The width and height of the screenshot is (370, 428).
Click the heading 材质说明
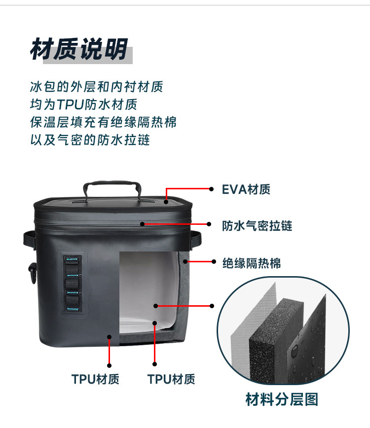(79, 49)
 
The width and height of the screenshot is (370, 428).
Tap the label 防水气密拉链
(257, 226)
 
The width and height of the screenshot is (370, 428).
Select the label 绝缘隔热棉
(251, 263)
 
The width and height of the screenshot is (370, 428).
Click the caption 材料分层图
(282, 399)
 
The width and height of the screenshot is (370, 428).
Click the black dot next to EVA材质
(211, 189)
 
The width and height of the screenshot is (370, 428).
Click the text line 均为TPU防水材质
(83, 105)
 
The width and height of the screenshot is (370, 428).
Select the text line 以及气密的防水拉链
(90, 140)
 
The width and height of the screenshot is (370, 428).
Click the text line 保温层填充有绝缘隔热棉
(103, 122)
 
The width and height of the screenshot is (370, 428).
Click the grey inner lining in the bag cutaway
(148, 291)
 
